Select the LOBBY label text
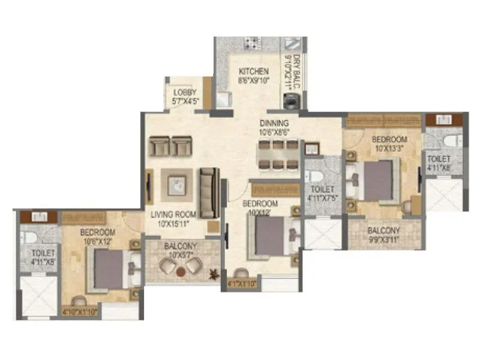(x=185, y=92)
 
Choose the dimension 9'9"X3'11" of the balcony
(x=385, y=239)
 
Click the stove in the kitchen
(x=252, y=43)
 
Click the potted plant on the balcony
(x=212, y=275)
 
